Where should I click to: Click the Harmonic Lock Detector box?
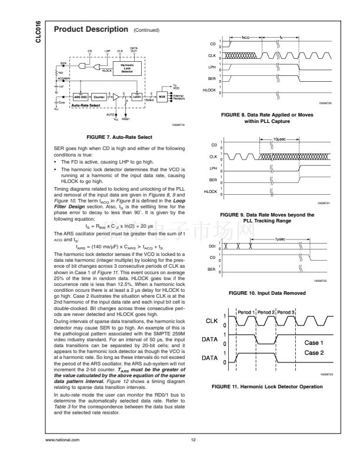(x=126, y=68)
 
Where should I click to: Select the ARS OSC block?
(x=79, y=96)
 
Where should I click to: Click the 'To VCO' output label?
(x=175, y=86)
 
